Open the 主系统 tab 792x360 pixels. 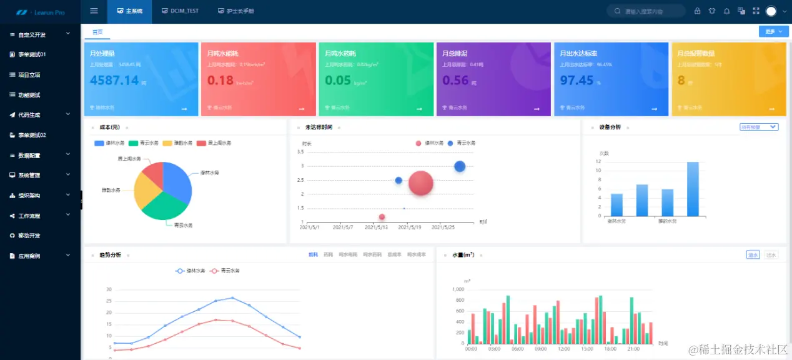(x=130, y=11)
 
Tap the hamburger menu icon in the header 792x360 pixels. (x=94, y=11)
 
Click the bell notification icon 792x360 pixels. (x=726, y=11)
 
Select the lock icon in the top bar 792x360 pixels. (x=697, y=11)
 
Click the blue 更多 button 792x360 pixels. (x=773, y=31)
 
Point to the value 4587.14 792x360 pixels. (x=114, y=80)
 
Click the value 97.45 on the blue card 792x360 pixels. (x=577, y=80)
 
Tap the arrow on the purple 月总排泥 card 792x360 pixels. (x=537, y=109)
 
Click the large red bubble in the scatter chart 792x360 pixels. (x=421, y=182)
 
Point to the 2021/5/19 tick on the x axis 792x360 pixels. (x=410, y=227)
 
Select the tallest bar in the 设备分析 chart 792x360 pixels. (x=693, y=189)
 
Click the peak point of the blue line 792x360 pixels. (x=232, y=297)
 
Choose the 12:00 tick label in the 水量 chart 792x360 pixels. (x=563, y=349)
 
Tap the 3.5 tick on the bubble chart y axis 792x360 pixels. (x=300, y=152)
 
